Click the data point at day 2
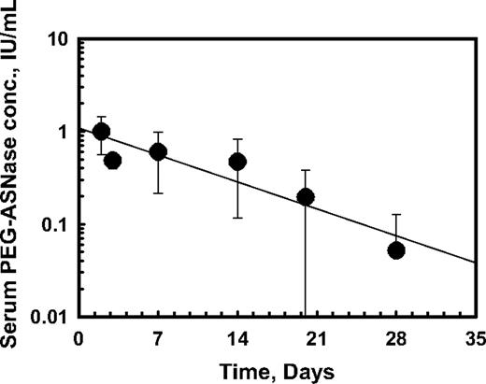click(102, 132)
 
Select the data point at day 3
click(113, 161)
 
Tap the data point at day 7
click(158, 152)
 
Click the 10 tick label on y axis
click(60, 40)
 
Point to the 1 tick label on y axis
click(64, 133)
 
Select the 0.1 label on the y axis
click(56, 225)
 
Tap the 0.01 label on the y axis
click(51, 318)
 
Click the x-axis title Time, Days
click(278, 369)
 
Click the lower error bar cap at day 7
click(158, 193)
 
